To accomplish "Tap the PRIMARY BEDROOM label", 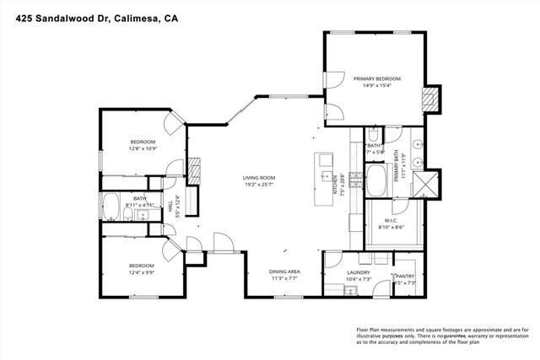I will pos(376,79).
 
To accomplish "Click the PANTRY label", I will pos(406,275).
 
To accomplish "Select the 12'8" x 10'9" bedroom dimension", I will pos(143,149).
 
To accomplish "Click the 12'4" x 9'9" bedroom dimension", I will pos(142,271).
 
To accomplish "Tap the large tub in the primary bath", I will pos(377,180).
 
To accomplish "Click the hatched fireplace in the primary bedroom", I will pos(431,99).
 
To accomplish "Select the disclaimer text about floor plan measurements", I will pos(442,335).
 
